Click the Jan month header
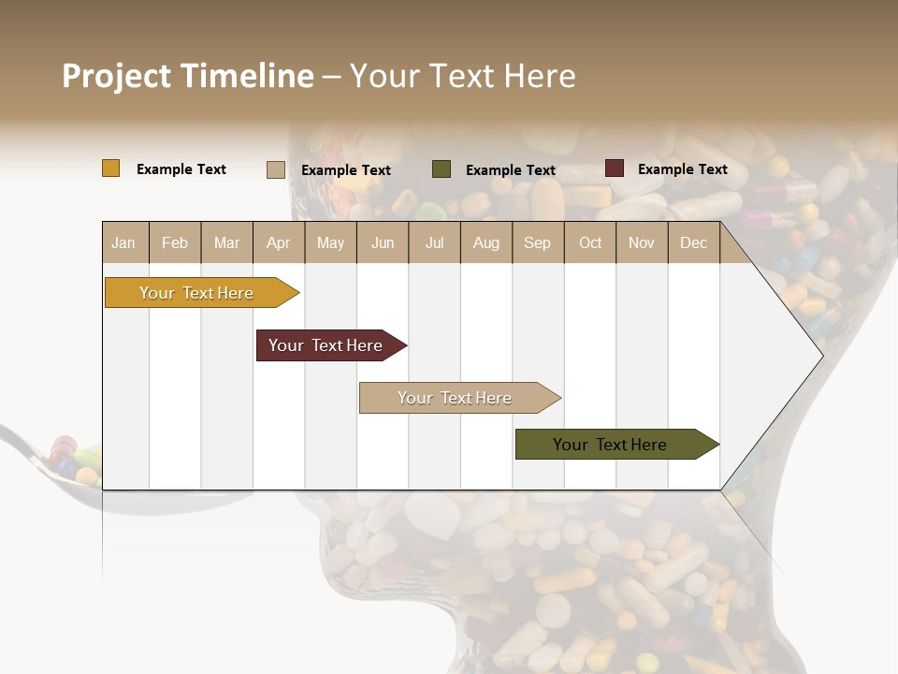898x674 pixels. pos(123,242)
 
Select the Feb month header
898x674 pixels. pos(175,242)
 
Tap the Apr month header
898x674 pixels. pos(278,242)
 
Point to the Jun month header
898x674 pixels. pos(383,242)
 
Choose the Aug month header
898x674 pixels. pos(485,242)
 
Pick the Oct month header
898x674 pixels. pos(590,242)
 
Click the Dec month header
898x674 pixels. pos(693,242)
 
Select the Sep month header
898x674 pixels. pos(537,242)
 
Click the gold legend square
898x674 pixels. pos(111,168)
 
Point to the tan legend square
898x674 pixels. pos(276,169)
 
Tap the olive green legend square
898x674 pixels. pos(442,169)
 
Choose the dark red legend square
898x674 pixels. pos(614,168)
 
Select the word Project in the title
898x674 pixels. pos(116,76)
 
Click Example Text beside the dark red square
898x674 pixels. pos(682,168)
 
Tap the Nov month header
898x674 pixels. pos(641,242)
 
